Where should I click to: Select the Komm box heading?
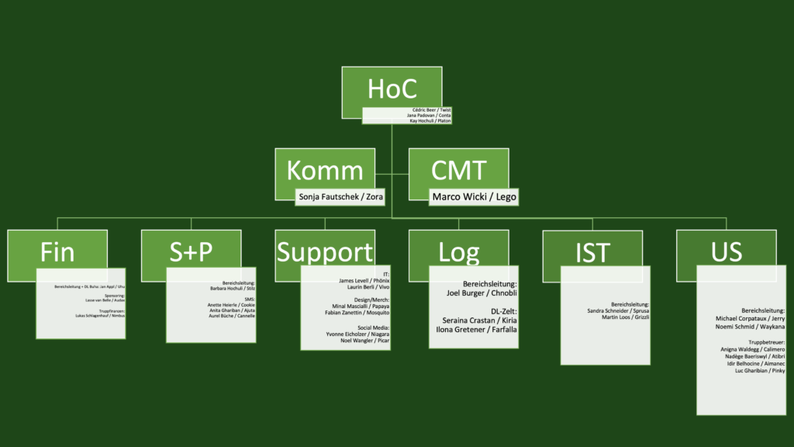click(324, 171)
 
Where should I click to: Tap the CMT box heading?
click(458, 171)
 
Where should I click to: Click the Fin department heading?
click(57, 252)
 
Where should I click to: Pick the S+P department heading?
click(190, 252)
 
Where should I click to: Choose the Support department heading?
click(324, 252)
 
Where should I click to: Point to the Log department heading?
click(458, 252)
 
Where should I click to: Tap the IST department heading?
click(592, 252)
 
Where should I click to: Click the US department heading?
click(726, 252)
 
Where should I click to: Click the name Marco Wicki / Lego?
click(472, 197)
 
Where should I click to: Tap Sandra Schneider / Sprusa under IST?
click(618, 311)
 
